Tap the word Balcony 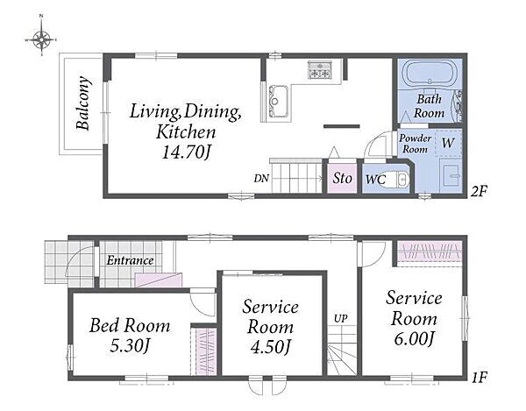pos(82,103)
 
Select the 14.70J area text pos(186,152)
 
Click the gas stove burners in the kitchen pos(319,70)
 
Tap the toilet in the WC pos(397,180)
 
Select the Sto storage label pos(342,178)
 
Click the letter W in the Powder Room pos(448,143)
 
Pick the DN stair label pos(261,179)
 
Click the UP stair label pos(340,318)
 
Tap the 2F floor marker pos(479,191)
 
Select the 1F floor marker pos(479,378)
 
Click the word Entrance pos(130,260)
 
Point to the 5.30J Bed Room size pos(130,345)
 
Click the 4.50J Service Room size pos(270,347)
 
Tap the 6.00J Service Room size pos(414,339)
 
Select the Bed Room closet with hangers pos(204,351)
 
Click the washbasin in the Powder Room pos(451,174)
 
